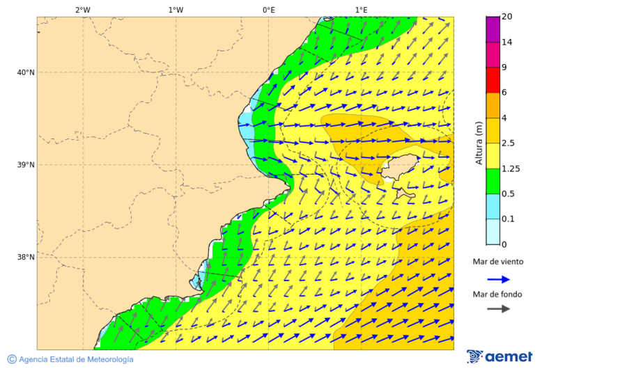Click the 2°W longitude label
click(x=82, y=10)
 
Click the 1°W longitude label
click(x=176, y=10)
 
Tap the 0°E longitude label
click(x=268, y=10)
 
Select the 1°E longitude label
click(x=362, y=10)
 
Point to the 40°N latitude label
click(x=26, y=72)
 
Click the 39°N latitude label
click(x=26, y=165)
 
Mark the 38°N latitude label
click(x=26, y=258)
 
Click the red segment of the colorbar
click(x=493, y=80)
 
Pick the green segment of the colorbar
click(x=493, y=181)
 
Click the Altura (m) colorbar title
click(x=479, y=143)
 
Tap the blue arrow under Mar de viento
click(x=498, y=279)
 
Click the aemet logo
click(x=500, y=356)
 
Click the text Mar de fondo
click(x=497, y=294)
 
